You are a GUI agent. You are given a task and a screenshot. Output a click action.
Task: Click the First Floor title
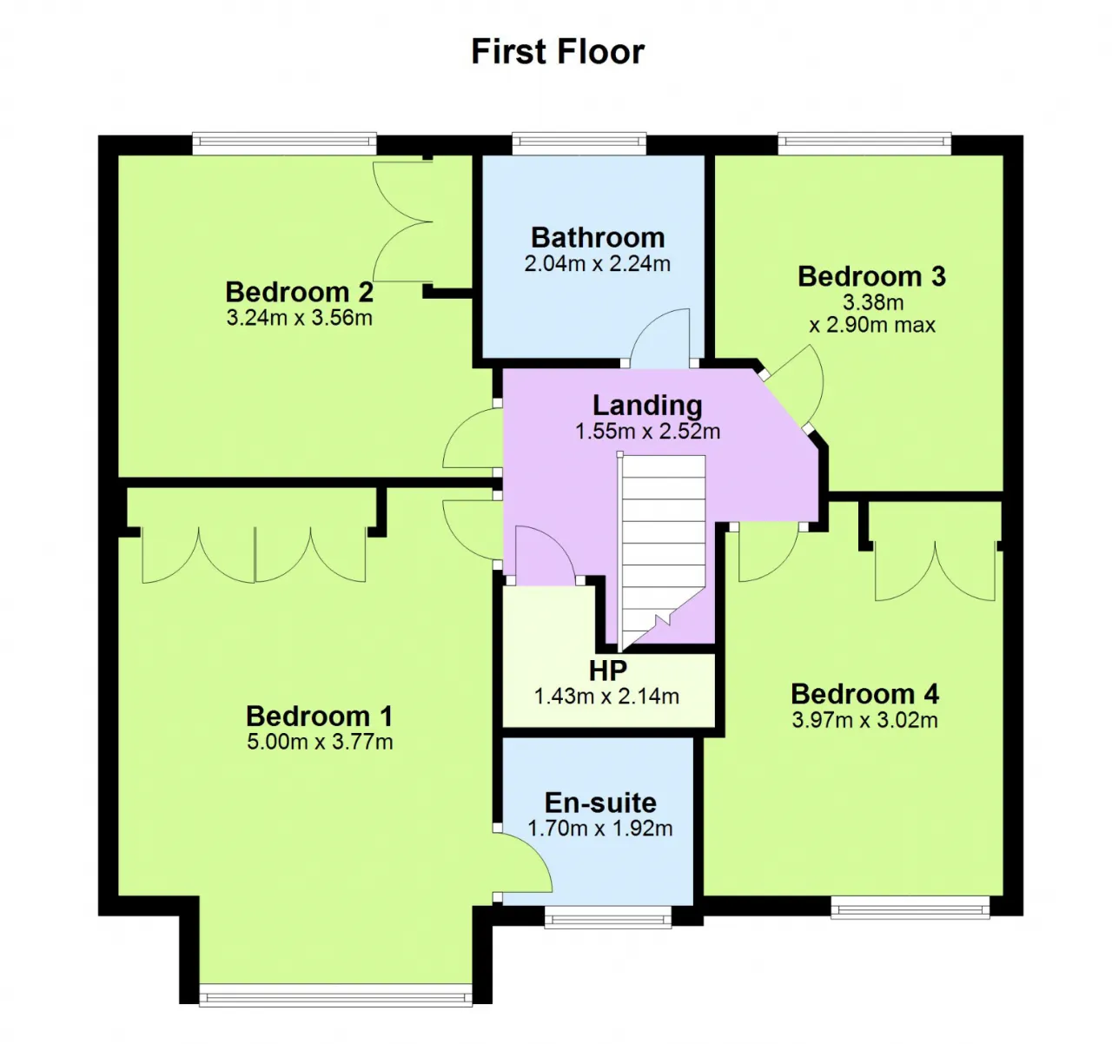tap(558, 51)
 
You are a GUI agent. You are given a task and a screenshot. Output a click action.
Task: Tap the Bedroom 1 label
tap(319, 716)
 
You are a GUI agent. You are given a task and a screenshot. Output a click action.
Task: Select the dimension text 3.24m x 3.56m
tap(299, 318)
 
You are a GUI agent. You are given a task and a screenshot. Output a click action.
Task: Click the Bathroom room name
tap(598, 238)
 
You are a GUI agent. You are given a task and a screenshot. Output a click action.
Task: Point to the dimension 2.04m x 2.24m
tap(598, 264)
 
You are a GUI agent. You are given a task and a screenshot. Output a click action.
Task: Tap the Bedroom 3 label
tap(872, 276)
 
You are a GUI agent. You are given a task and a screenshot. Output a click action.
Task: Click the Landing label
tap(647, 406)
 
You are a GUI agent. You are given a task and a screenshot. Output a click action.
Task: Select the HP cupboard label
tap(608, 670)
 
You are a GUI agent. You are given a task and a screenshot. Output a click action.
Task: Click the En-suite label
tap(600, 803)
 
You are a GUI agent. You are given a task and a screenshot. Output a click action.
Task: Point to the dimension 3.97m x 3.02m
tap(864, 720)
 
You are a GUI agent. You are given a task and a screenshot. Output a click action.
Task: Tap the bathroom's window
tap(579, 143)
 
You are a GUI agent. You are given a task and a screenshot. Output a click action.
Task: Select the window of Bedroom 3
tap(864, 143)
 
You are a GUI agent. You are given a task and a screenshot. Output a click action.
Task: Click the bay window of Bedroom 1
tap(335, 994)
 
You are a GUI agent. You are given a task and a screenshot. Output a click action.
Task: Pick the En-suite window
tap(607, 917)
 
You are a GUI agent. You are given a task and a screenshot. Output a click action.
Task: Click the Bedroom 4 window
tap(910, 908)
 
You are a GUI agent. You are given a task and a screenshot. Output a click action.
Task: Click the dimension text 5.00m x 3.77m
tap(320, 742)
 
